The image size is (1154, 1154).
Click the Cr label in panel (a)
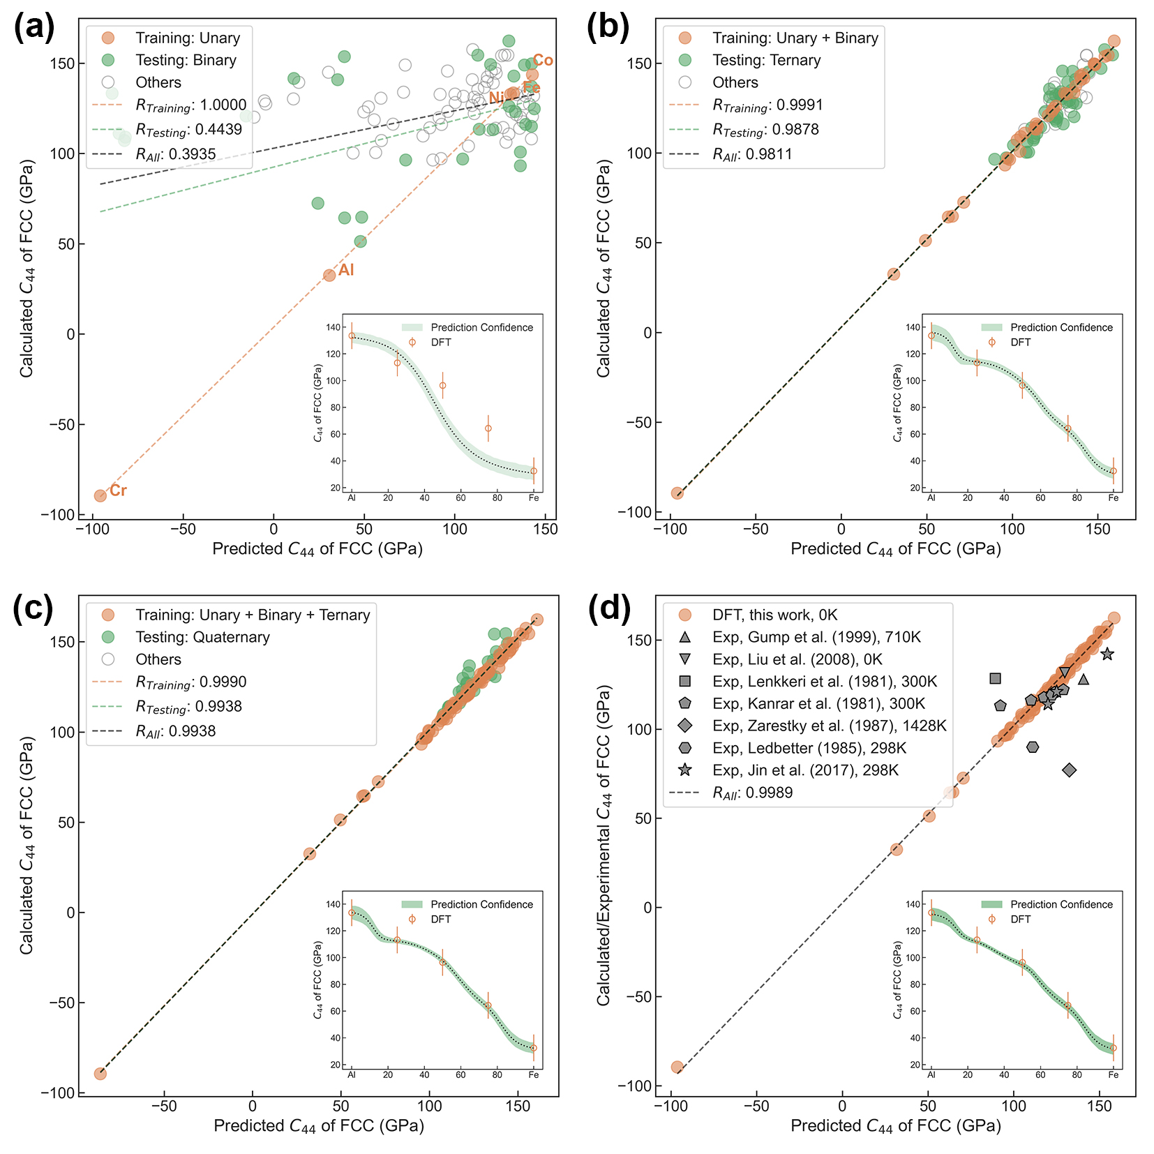click(118, 490)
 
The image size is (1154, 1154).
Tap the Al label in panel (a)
click(346, 270)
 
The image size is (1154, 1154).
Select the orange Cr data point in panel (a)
click(100, 495)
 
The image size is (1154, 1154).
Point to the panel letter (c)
click(33, 608)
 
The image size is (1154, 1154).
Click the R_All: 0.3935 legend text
click(176, 154)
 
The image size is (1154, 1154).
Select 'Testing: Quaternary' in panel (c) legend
click(193, 637)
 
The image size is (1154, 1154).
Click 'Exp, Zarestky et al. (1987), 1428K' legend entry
click(829, 726)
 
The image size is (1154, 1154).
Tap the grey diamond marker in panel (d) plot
click(1069, 770)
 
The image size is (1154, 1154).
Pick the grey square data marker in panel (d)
click(996, 678)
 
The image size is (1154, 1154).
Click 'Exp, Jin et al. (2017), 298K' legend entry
click(805, 770)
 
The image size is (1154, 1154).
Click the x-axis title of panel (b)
click(895, 549)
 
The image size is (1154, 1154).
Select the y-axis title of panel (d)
click(604, 845)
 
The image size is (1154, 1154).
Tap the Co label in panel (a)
click(543, 61)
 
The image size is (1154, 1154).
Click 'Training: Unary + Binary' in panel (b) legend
click(795, 38)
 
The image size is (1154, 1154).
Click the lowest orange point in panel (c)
click(100, 1073)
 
